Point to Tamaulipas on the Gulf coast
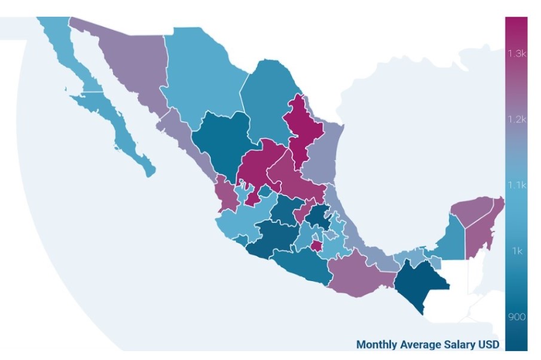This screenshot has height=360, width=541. pos(323,155)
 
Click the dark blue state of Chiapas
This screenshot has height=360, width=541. pos(418,281)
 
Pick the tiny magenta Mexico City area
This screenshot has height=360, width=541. pos(315,245)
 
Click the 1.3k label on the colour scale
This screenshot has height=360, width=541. pos(516,53)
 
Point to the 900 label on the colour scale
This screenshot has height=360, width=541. pos(517,317)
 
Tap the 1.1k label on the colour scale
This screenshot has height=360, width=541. pos(516,185)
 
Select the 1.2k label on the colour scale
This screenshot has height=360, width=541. pos(516,119)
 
